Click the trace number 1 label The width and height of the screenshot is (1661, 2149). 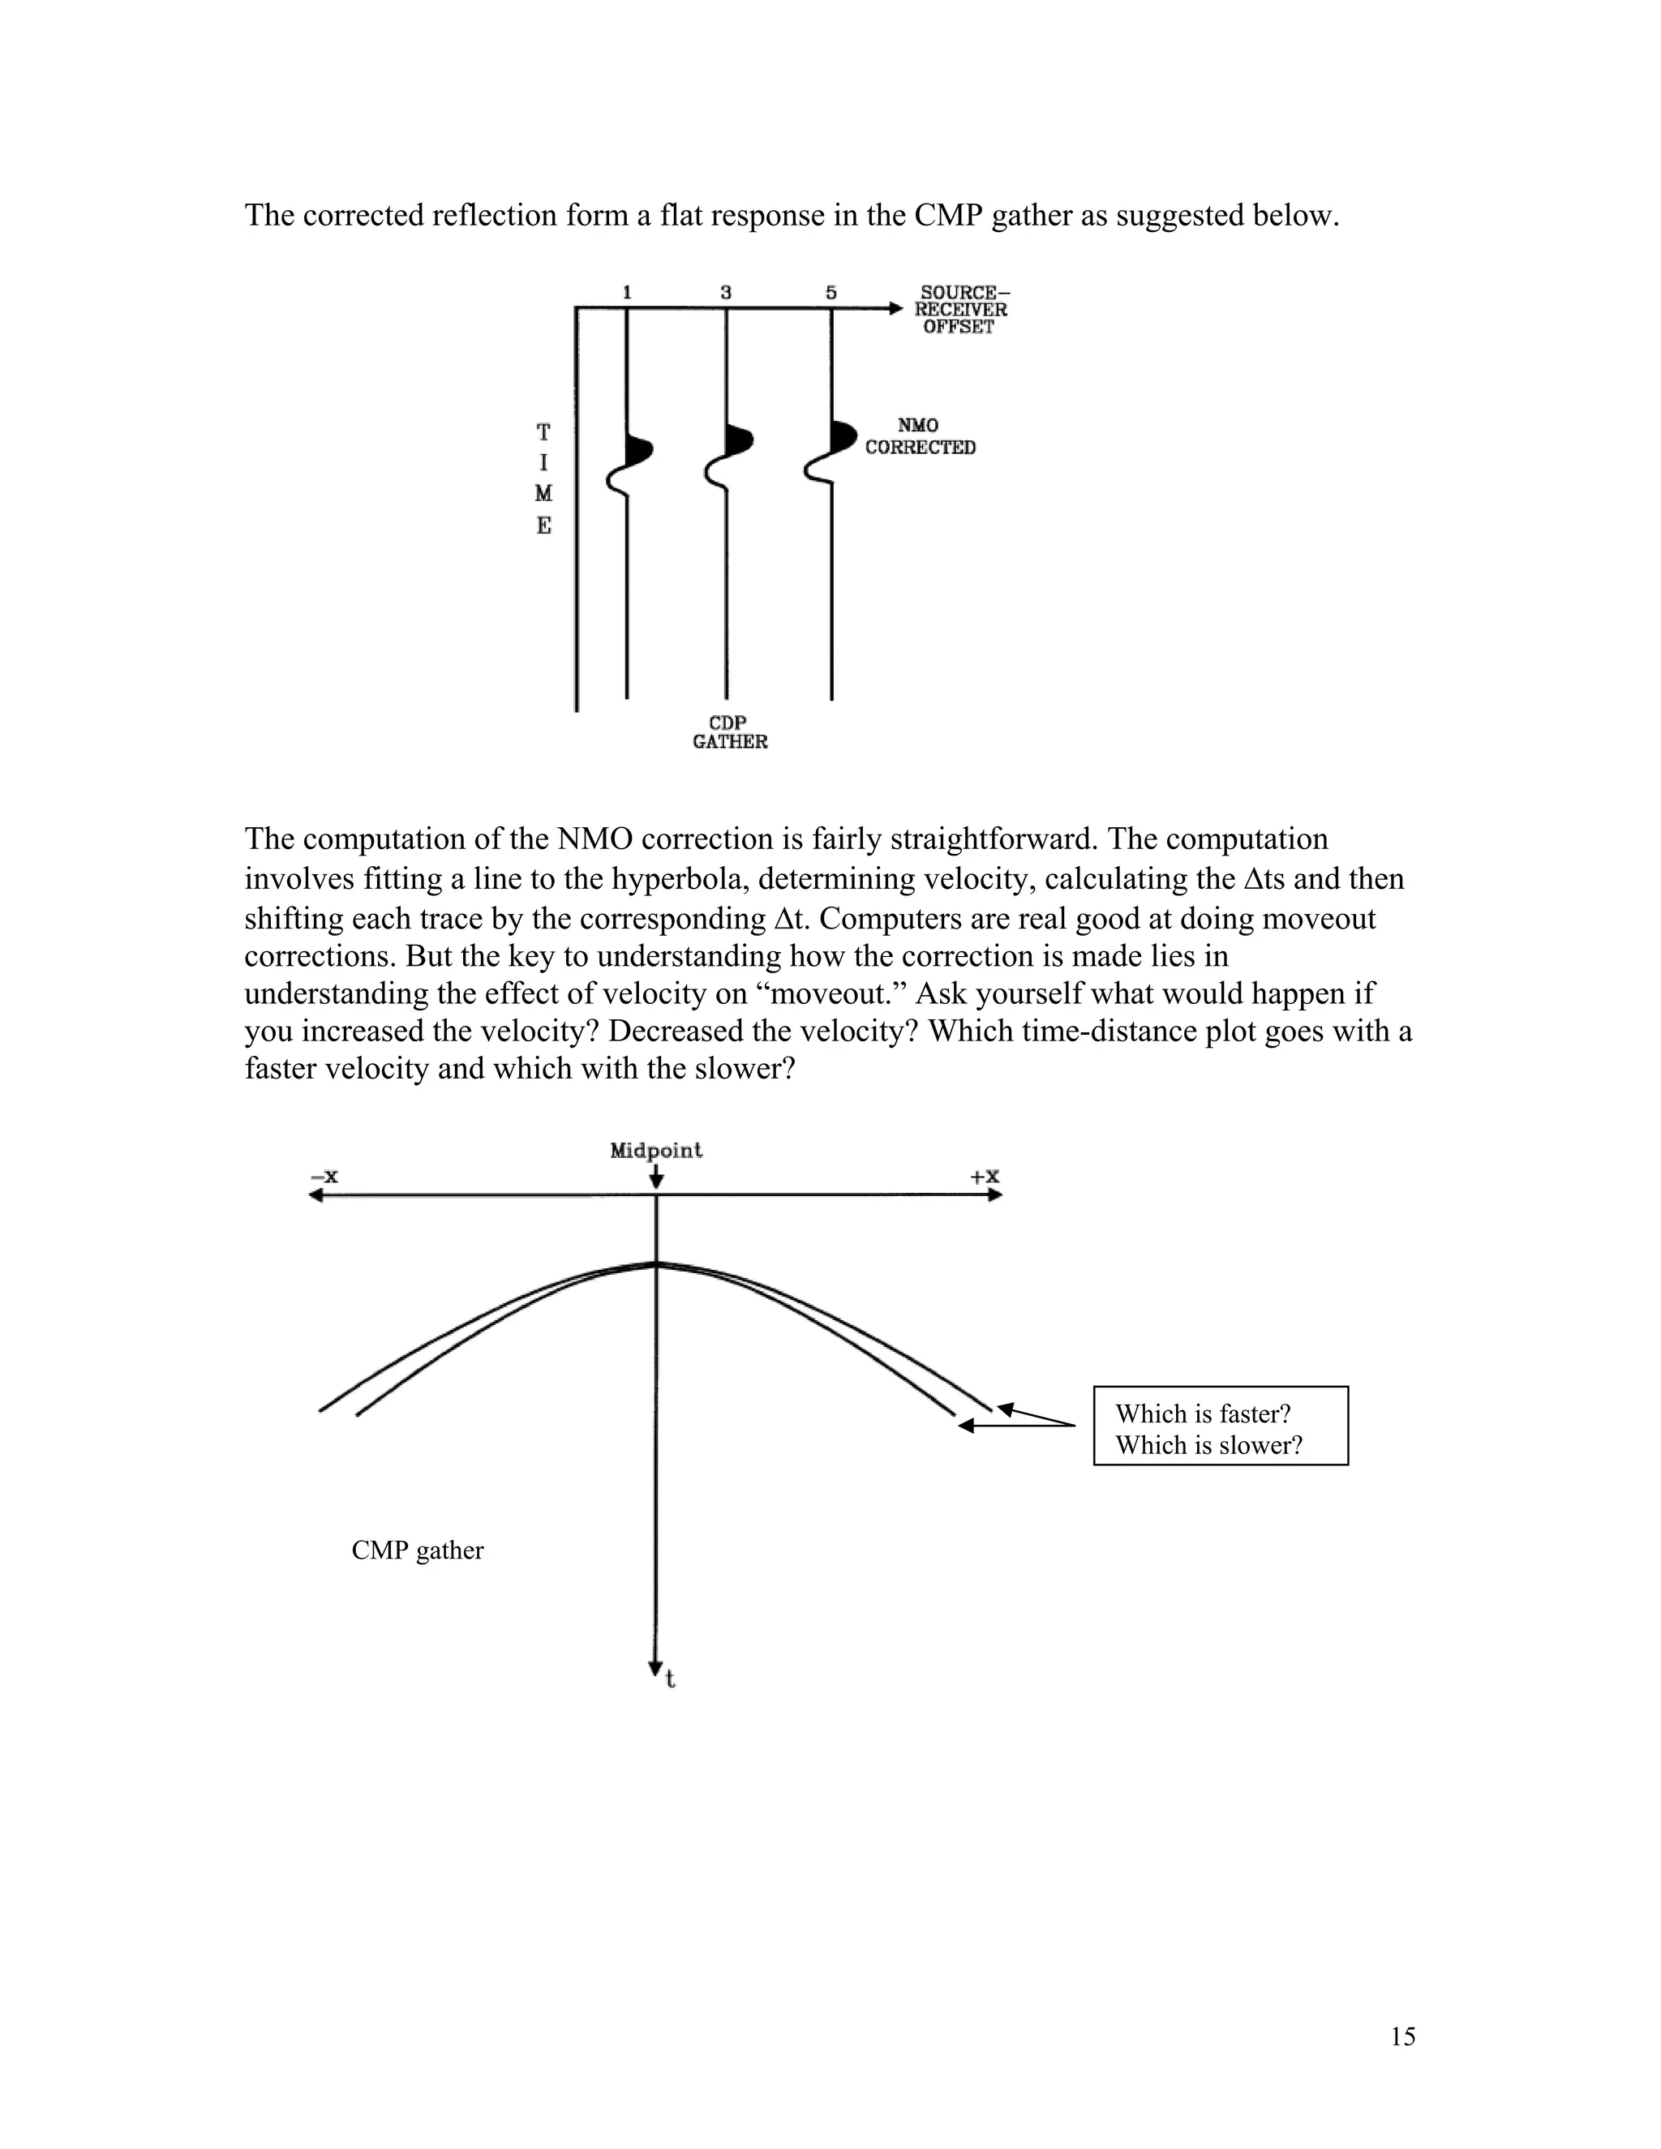(627, 292)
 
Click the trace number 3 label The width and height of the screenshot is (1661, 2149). (726, 292)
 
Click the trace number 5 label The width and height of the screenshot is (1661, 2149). (831, 292)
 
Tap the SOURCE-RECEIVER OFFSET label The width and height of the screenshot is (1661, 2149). (963, 309)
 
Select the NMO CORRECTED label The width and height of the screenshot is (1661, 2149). (920, 436)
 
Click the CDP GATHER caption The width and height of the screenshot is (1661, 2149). (729, 732)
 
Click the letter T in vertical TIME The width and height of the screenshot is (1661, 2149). (543, 432)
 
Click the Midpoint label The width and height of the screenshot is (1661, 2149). (656, 1150)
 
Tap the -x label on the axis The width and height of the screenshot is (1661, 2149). (324, 1177)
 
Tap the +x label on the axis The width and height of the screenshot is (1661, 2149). (985, 1177)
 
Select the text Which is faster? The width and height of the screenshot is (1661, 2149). (1203, 1414)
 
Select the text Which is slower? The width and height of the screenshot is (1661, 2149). (1208, 1445)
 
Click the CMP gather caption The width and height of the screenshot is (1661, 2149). (417, 1551)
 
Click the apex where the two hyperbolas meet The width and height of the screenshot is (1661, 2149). (656, 1263)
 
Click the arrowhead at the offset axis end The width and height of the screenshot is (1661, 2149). (895, 309)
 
